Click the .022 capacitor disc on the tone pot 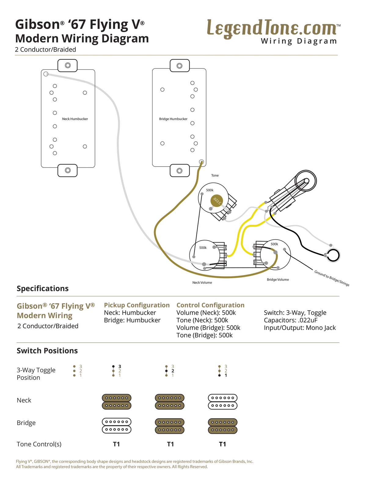point(217,200)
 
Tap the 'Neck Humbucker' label point(75,119)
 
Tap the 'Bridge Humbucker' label point(173,119)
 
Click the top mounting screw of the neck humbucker point(68,65)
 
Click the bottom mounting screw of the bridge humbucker point(180,171)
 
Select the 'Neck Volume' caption point(202,282)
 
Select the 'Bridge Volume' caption point(278,279)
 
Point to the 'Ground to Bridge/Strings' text point(332,278)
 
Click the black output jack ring point(333,255)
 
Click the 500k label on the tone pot point(210,190)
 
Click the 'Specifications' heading point(42,289)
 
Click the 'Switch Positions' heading point(47,351)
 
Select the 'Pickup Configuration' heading point(137,305)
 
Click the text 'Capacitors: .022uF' point(290,320)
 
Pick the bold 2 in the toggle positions point(173,371)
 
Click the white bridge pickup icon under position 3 point(116,425)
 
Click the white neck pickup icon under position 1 point(222,402)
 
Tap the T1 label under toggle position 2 point(170,444)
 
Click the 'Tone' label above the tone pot point(215,175)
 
